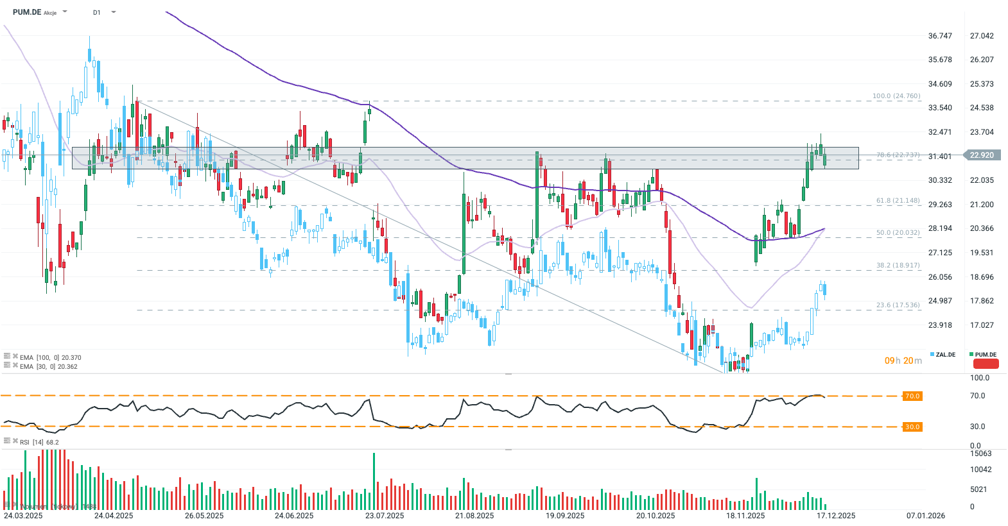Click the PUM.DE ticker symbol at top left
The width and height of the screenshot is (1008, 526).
click(26, 12)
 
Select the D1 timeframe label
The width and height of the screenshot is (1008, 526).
click(96, 12)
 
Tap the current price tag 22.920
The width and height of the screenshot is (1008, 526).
click(982, 155)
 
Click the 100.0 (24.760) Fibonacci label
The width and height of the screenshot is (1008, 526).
click(896, 96)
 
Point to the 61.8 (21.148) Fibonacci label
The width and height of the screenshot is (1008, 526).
click(898, 201)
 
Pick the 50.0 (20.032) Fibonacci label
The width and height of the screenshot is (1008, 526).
click(898, 233)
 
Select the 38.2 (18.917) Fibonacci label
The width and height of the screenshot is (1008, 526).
click(898, 265)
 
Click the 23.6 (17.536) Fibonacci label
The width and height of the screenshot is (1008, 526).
click(898, 305)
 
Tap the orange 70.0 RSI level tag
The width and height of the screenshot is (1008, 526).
click(912, 396)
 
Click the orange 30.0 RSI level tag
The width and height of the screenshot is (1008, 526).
click(912, 427)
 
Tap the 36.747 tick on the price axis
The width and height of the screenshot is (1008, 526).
click(940, 36)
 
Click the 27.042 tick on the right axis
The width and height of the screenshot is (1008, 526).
click(982, 36)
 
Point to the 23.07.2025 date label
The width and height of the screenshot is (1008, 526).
click(385, 516)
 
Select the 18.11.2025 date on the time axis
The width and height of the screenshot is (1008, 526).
click(745, 516)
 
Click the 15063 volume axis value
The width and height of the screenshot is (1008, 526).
click(980, 454)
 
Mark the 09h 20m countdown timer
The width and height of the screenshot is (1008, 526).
click(903, 361)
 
